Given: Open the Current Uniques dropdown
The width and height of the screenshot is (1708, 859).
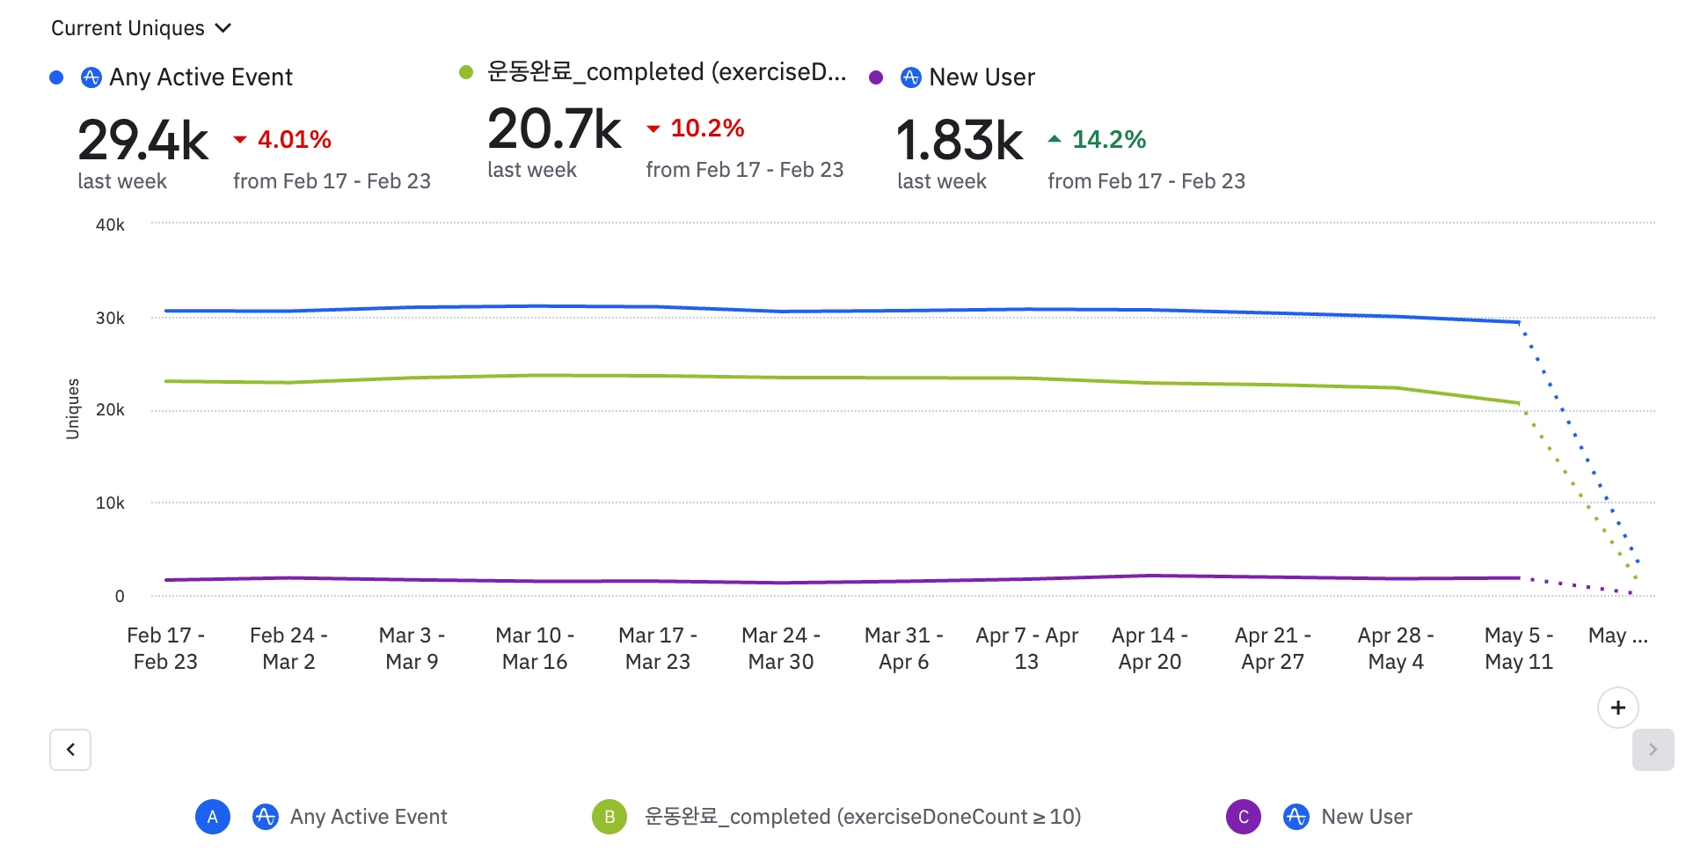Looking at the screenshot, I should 141,28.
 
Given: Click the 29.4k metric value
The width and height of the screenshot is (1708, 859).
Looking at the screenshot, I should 142,141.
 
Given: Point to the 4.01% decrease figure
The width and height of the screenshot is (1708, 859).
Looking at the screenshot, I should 294,139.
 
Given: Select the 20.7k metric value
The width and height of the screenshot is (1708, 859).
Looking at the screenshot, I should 554,129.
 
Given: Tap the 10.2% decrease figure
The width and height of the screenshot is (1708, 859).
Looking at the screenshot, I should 706,128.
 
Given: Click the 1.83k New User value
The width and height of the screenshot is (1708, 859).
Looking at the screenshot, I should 959,141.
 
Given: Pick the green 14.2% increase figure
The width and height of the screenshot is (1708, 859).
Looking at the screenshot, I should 1108,139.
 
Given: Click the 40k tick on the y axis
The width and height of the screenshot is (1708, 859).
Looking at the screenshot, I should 110,225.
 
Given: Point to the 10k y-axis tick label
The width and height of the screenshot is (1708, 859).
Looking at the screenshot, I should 110,503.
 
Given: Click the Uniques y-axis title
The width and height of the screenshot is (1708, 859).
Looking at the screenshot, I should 73,408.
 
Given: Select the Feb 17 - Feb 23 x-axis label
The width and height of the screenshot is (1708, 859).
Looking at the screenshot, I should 165,648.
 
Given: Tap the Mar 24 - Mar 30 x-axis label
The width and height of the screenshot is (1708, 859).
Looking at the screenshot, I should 781,648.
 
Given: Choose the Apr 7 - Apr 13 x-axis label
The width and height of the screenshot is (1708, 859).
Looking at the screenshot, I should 1026,648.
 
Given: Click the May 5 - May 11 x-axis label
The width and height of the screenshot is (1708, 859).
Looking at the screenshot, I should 1519,648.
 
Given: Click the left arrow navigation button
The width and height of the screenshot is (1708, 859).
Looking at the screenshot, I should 70,750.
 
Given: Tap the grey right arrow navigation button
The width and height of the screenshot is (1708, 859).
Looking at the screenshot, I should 1653,750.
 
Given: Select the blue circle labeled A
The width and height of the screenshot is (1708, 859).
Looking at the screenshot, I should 213,817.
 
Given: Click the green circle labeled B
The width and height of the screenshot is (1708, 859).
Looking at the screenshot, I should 609,817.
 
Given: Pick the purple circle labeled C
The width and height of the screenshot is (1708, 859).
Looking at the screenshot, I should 1244,817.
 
